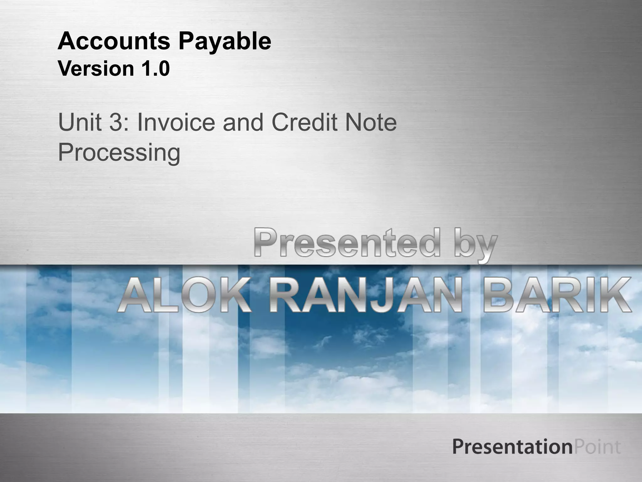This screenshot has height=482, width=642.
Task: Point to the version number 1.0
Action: coord(153,69)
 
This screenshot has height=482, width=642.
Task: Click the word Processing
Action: coord(119,153)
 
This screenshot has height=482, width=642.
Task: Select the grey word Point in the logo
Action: coord(597,447)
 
